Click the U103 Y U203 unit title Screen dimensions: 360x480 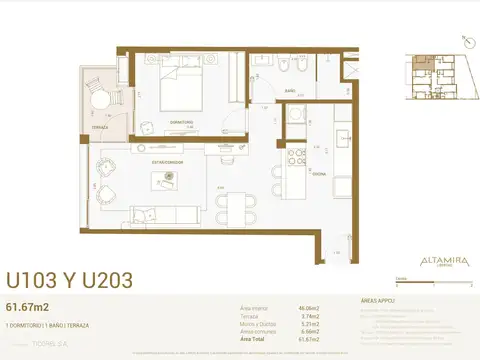pyautogui.click(x=70, y=280)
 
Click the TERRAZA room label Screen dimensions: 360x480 pyautogui.click(x=100, y=129)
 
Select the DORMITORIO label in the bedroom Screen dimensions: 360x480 pyautogui.click(x=181, y=121)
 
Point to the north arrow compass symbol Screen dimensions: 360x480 pyautogui.click(x=466, y=42)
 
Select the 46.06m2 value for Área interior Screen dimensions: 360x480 pyautogui.click(x=307, y=309)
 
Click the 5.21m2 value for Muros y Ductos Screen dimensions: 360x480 pyautogui.click(x=309, y=325)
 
